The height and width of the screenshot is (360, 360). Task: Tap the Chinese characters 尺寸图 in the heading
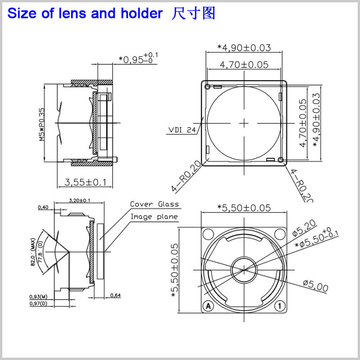pos(193,13)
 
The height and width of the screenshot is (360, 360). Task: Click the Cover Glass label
pos(154,204)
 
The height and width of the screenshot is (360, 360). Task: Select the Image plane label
pos(154,216)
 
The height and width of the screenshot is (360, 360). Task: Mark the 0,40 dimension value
pos(44,207)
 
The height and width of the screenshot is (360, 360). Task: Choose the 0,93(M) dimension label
pos(38,297)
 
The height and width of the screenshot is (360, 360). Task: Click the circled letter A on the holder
pos(208,306)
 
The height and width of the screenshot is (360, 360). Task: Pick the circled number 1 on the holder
pos(279,306)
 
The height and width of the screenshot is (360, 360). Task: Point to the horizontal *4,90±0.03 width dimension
pos(244,47)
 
